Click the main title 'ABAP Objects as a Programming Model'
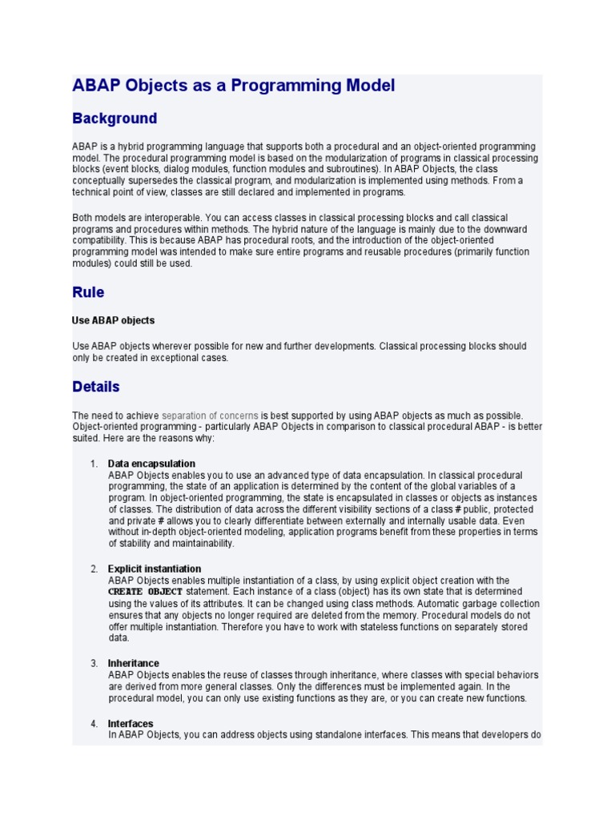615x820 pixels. tap(234, 86)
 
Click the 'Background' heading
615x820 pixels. tap(115, 119)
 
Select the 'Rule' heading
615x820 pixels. tap(88, 292)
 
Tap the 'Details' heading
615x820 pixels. tap(96, 387)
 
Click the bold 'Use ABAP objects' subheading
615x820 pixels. tap(113, 320)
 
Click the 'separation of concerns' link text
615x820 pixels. tap(210, 416)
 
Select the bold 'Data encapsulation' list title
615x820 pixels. tap(151, 464)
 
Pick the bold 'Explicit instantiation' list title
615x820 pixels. tap(155, 569)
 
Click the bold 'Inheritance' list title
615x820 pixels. tap(133, 663)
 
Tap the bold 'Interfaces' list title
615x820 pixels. tap(131, 724)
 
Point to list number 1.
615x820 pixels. tap(93, 464)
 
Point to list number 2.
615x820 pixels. tap(93, 569)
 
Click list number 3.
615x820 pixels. tap(93, 663)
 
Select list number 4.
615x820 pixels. tap(93, 724)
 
